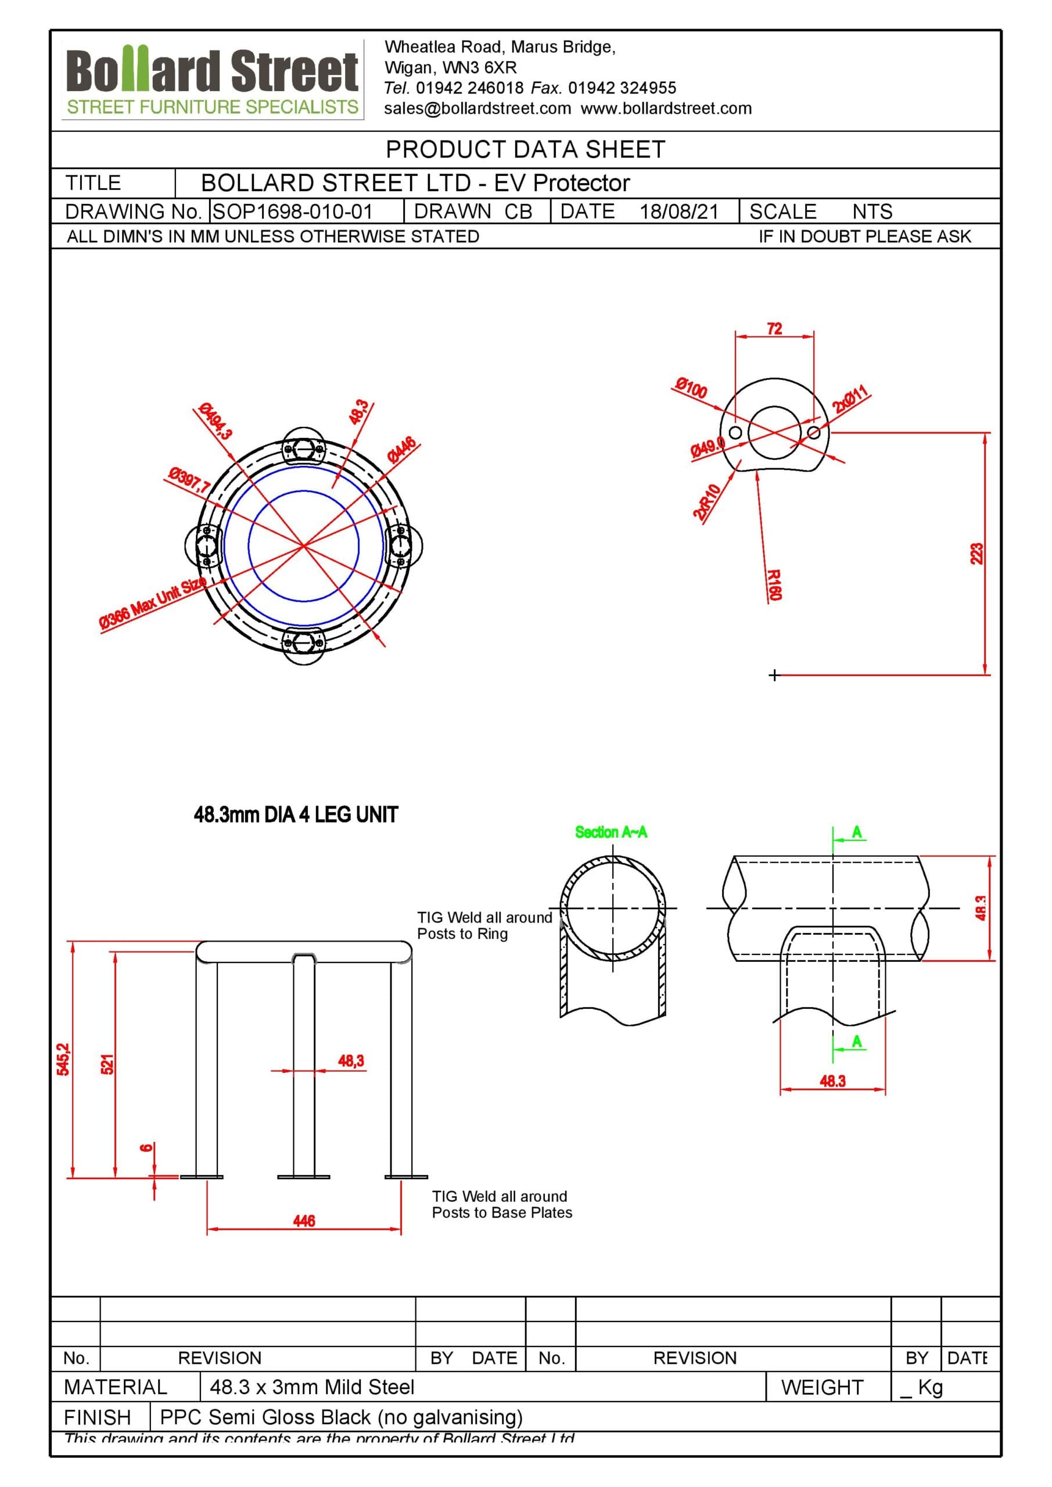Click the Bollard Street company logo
[x=213, y=80]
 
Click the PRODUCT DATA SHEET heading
[x=525, y=150]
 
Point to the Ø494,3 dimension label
[x=216, y=421]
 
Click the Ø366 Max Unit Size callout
[x=153, y=604]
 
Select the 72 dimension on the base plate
[x=774, y=329]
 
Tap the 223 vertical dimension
[x=976, y=554]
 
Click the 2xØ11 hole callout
[x=850, y=399]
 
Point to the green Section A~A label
[x=611, y=832]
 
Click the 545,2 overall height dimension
[x=63, y=1059]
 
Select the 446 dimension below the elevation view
[x=304, y=1221]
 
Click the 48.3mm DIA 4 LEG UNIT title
[x=296, y=815]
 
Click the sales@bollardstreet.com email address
[x=477, y=109]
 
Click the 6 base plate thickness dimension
[x=147, y=1148]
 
